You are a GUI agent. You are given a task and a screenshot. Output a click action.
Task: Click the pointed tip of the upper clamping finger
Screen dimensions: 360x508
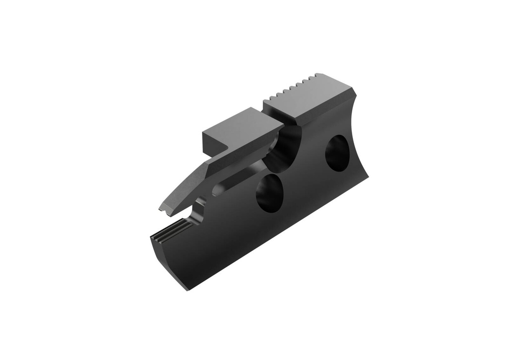(x=161, y=209)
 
